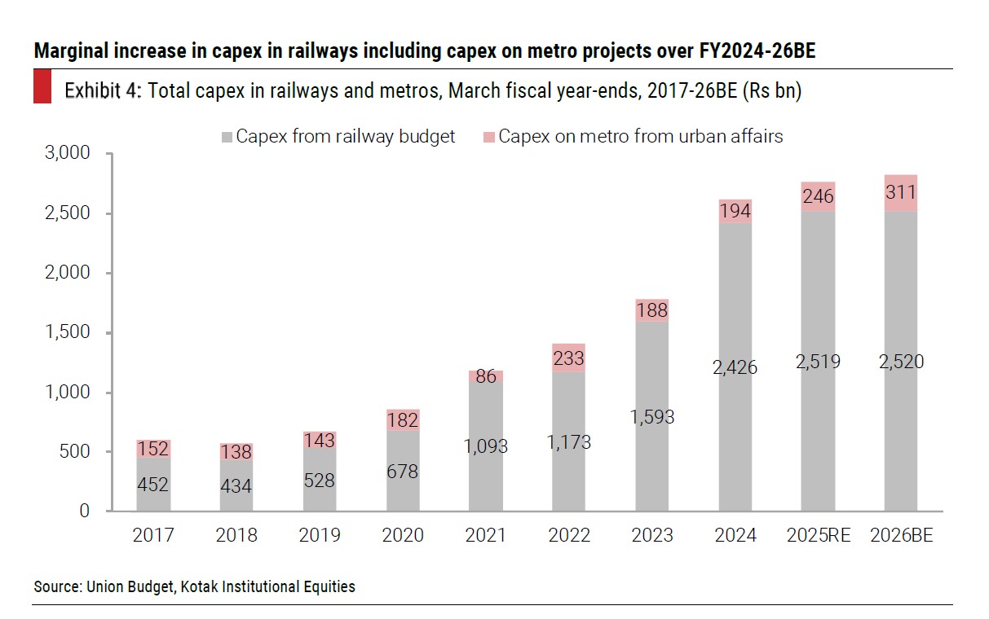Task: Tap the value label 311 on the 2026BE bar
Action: coord(901,193)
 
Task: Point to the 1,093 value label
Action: coord(486,446)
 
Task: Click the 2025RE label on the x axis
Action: coord(819,535)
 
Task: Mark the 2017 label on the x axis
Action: coord(153,535)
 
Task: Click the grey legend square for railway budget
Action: coord(227,137)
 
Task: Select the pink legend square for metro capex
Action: coord(489,137)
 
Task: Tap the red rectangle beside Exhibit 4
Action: coord(42,87)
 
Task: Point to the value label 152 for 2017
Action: coord(153,449)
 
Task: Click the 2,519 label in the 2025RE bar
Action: coord(819,362)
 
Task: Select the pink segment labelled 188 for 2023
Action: coord(652,310)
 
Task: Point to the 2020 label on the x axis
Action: coord(403,535)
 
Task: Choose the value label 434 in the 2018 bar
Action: coord(236,486)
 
